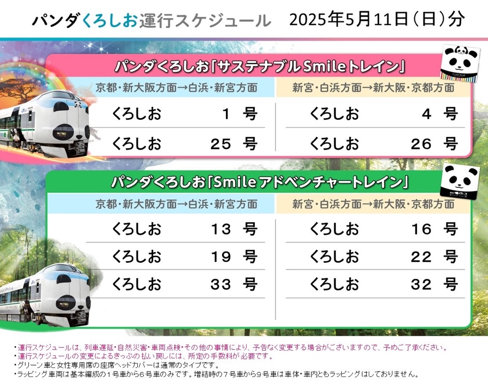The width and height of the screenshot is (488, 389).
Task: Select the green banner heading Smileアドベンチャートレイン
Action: tap(259, 182)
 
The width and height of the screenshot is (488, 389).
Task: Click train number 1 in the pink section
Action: tap(226, 114)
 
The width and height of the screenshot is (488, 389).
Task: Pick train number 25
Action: tap(221, 143)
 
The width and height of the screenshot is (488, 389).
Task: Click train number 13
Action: tap(221, 229)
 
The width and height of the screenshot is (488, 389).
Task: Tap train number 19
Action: tap(221, 257)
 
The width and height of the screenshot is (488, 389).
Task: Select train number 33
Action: tap(221, 285)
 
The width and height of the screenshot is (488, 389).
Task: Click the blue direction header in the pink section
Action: tap(176, 88)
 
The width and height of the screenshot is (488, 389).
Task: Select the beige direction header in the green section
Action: tap(374, 204)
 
